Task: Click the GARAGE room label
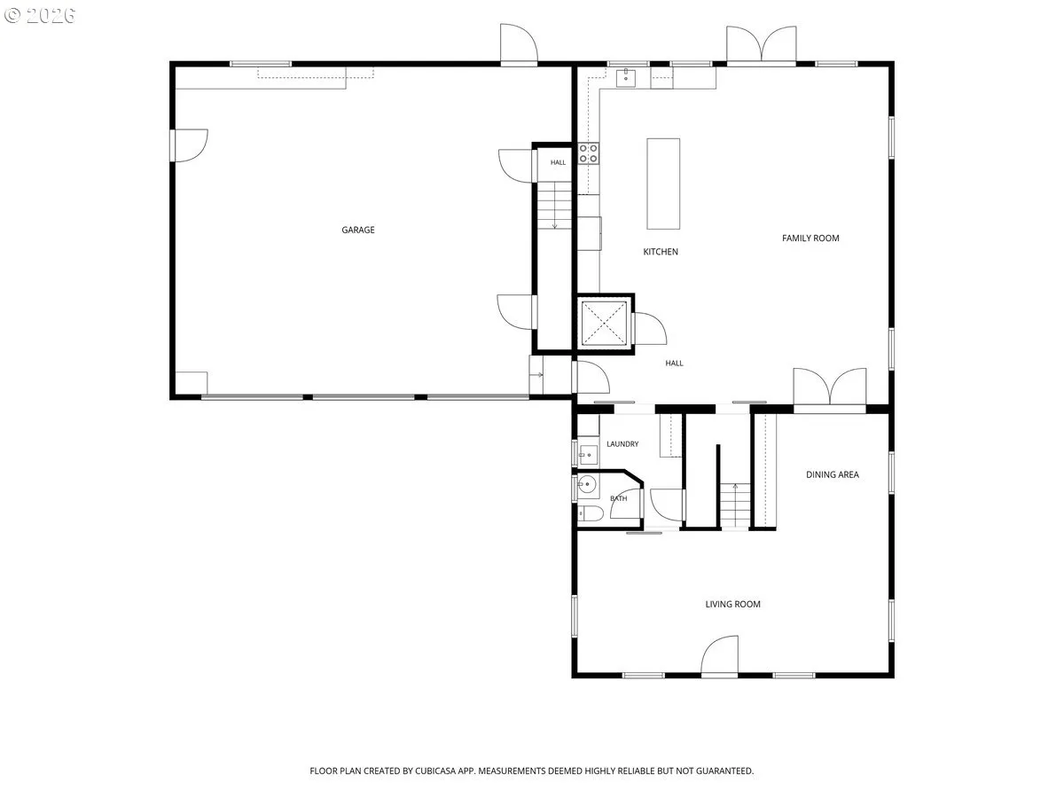[357, 230]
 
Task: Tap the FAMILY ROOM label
[810, 238]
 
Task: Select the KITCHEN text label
[661, 252]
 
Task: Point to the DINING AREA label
[832, 474]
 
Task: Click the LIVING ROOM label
[732, 604]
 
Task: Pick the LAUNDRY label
[622, 444]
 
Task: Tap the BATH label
[618, 498]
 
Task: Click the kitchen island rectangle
[663, 184]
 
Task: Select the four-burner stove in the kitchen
[588, 153]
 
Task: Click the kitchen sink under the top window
[625, 77]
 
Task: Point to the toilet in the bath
[590, 513]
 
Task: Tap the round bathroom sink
[587, 483]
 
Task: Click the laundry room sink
[588, 455]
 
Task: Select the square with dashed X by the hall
[604, 323]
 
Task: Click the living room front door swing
[719, 654]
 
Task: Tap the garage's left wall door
[189, 145]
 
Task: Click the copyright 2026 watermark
[40, 15]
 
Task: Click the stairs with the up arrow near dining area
[735, 505]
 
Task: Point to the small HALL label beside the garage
[558, 162]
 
